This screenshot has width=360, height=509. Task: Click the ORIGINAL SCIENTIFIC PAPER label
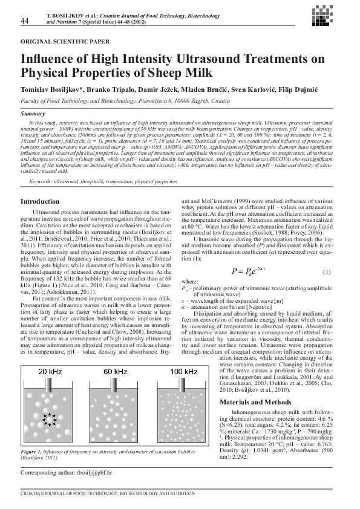pos(65,43)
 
